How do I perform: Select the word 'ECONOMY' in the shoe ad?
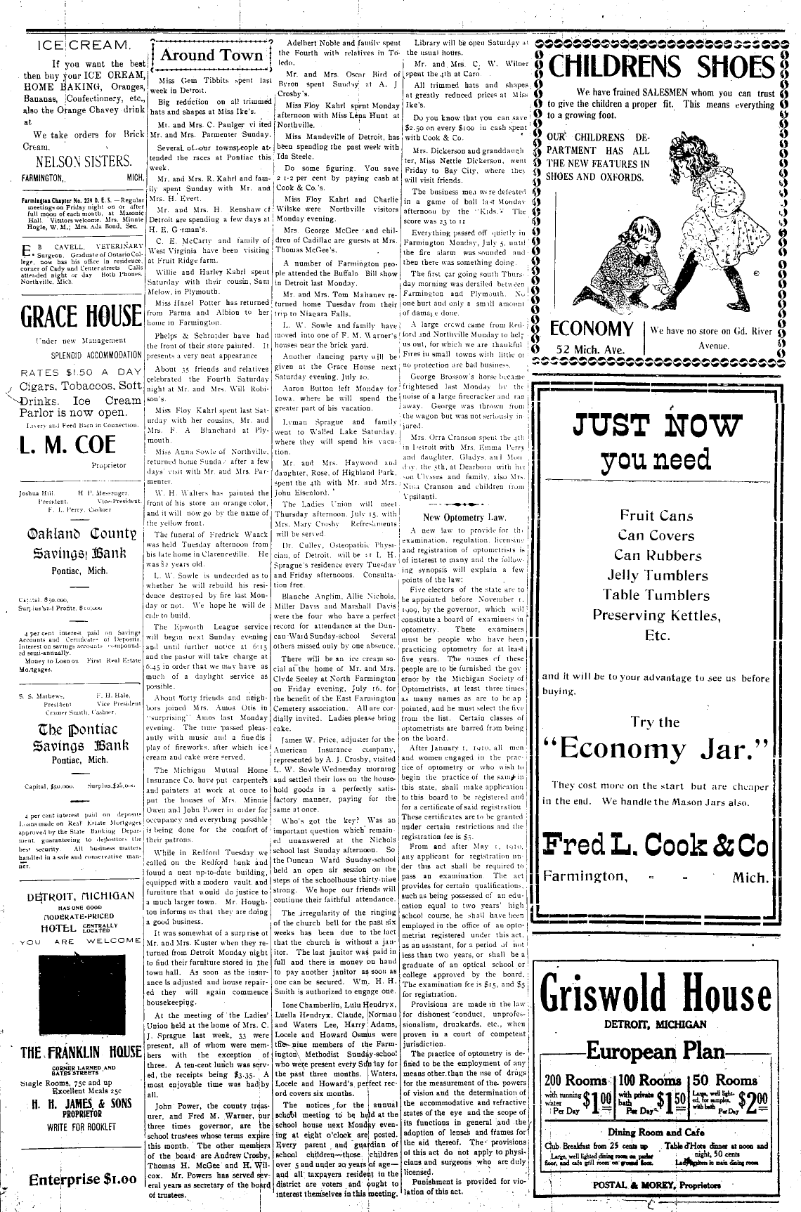(592, 329)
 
